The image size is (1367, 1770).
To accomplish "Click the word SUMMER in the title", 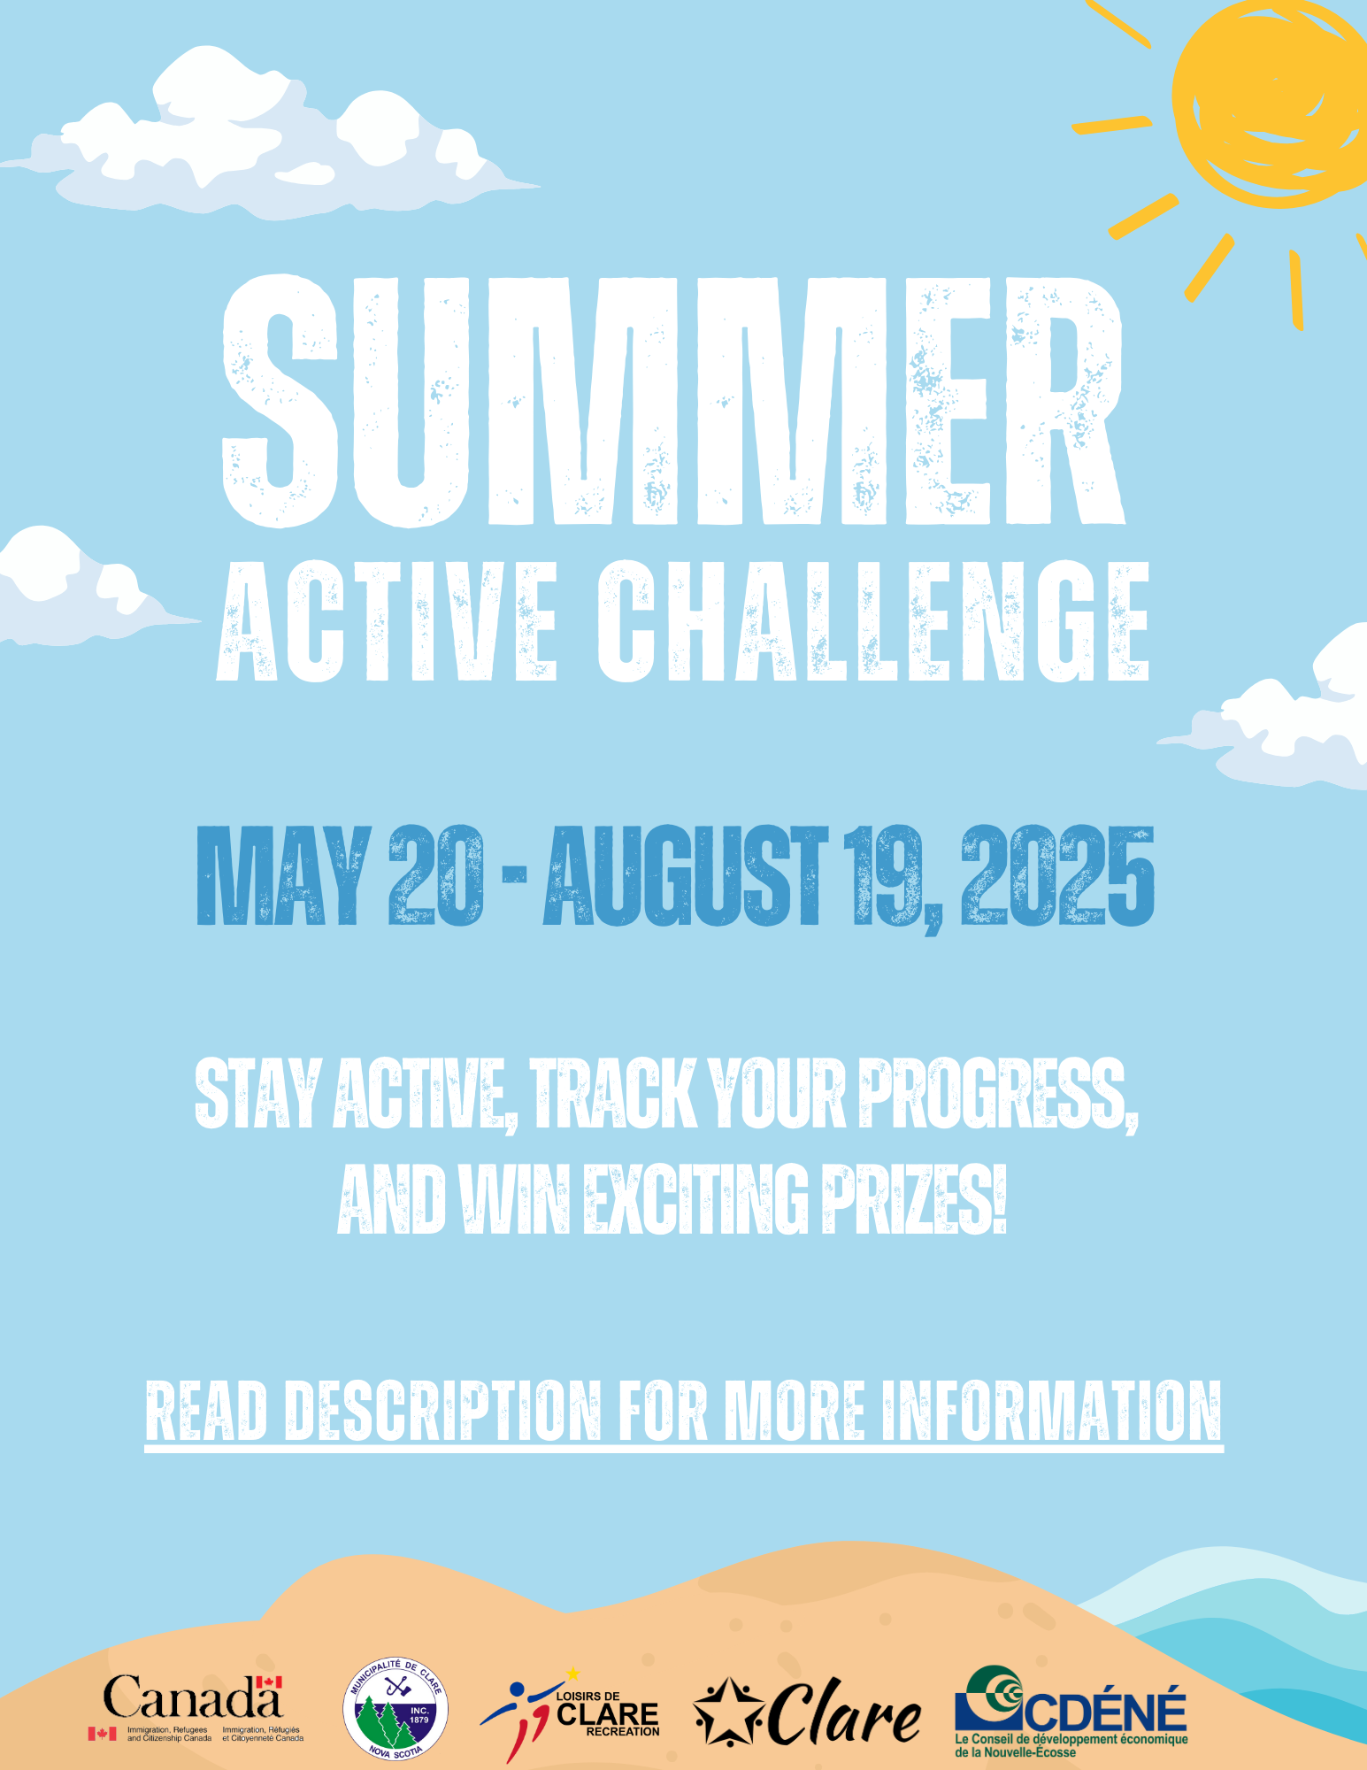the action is pos(673,401).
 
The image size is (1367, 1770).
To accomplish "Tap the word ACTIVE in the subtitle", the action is pos(388,621).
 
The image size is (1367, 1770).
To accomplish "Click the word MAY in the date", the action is pos(282,875).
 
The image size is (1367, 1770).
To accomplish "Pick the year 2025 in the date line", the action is pos(1058,875).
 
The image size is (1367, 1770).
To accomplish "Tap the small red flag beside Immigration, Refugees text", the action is pos(102,1734).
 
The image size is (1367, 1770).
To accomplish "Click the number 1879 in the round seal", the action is pos(419,1720).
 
